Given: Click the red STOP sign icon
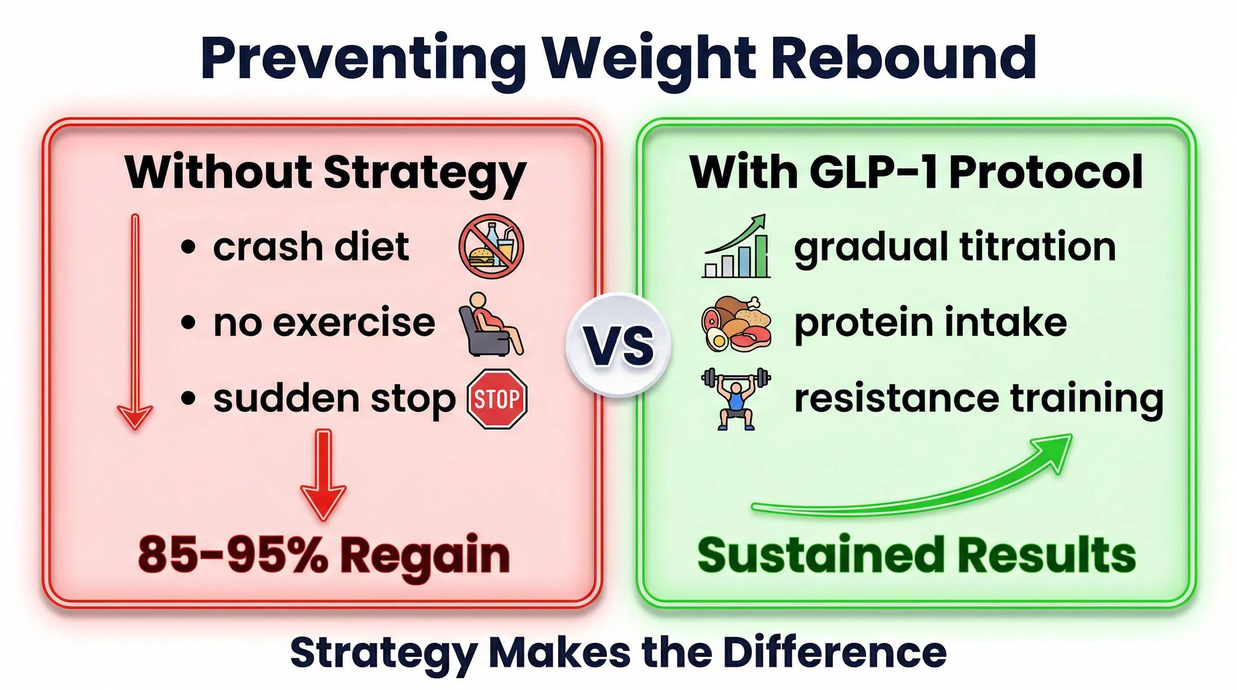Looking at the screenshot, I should point(497,399).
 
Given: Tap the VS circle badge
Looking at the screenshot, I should point(618,345).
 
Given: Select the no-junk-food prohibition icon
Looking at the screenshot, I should point(491,247).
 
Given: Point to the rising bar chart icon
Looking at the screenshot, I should point(736,248).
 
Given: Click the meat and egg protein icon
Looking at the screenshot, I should point(736,324).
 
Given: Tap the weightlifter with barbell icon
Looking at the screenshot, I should point(736,399).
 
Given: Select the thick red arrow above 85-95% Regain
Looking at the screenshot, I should point(323,475).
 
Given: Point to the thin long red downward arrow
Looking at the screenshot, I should point(135,322).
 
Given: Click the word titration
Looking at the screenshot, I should point(1037,247).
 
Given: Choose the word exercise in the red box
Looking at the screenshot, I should point(354,323).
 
